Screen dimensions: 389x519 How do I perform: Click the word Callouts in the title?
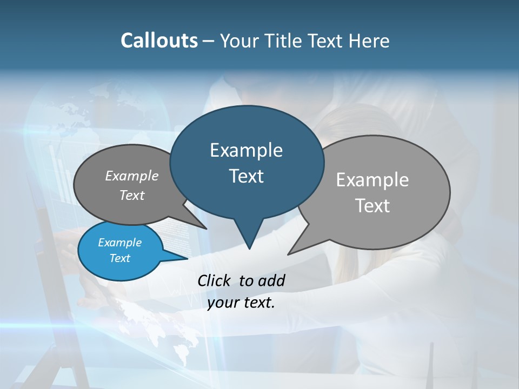pos(159,41)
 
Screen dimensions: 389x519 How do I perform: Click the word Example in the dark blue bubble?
pos(246,150)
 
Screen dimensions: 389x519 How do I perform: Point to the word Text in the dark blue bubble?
pos(246,176)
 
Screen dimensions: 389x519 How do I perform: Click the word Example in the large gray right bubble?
pos(372,180)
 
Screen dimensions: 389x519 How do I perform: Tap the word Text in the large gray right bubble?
pos(372,206)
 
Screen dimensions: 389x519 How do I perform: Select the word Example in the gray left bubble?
pos(132,176)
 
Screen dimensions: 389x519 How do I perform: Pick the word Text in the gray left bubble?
pos(132,195)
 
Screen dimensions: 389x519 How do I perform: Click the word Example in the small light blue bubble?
pos(119,243)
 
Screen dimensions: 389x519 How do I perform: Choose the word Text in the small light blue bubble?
pos(119,258)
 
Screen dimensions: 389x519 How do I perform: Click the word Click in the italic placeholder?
pos(214,280)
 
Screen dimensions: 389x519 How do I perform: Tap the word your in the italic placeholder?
pos(221,303)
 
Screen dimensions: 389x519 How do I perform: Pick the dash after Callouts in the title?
pos(209,41)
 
